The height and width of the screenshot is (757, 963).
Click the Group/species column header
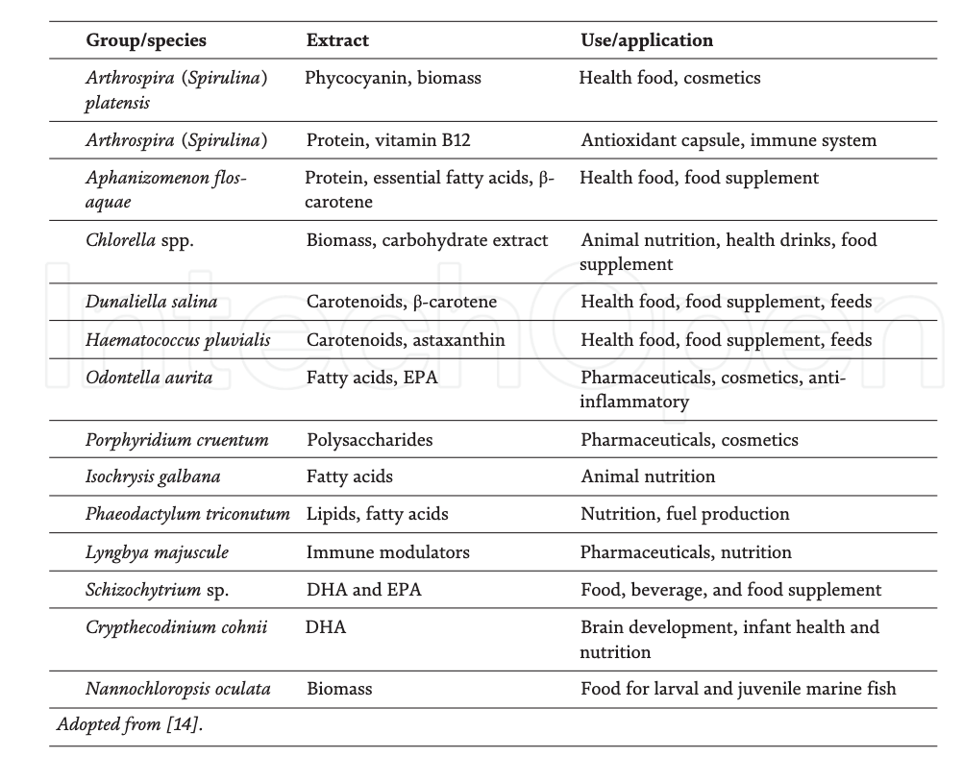point(146,40)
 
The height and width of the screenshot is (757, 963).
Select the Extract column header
point(337,40)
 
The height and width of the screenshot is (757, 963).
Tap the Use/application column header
point(647,40)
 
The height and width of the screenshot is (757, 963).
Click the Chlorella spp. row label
point(140,240)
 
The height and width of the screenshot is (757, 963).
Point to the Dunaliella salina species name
point(152,302)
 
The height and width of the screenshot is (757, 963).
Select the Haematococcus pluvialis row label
point(178,340)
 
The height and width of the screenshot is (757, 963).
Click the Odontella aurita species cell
point(149,378)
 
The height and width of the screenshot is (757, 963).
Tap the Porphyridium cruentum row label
point(177,440)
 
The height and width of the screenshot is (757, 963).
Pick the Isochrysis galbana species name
point(153,476)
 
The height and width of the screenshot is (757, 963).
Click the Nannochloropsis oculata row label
point(178,688)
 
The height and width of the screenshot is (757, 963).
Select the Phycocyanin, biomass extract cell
point(393,78)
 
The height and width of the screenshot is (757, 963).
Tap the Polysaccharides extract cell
point(369,440)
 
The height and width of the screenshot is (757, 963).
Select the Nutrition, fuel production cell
point(685,514)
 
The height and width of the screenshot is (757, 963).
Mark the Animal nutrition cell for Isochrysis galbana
point(648,476)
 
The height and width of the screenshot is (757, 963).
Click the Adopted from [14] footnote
point(130,725)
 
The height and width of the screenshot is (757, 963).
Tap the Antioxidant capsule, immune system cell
point(728,140)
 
